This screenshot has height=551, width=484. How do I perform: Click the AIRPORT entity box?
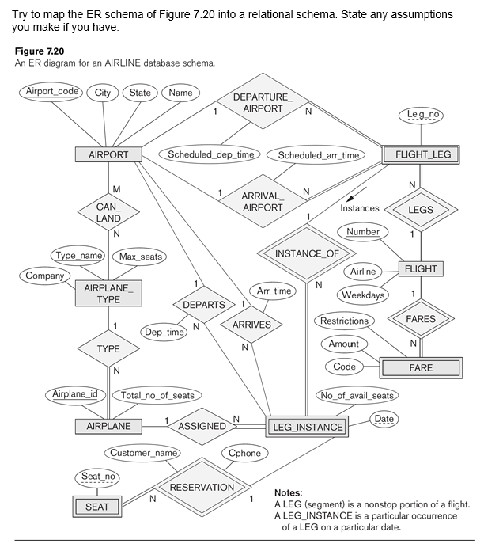pos(108,154)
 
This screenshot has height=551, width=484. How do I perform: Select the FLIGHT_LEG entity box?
pos(423,154)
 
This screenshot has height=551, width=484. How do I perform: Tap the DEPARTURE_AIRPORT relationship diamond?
pos(263,103)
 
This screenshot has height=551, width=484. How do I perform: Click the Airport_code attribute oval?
pos(52,92)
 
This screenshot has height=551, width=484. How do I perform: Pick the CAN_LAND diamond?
pos(108,212)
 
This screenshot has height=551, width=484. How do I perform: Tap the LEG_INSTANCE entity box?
pos(308,427)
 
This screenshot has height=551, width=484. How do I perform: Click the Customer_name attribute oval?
pos(143,453)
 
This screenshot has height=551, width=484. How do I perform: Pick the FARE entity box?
pos(421,368)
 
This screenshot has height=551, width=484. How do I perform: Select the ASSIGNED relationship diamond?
pos(202,426)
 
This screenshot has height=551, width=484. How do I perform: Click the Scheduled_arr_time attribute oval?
pos(318,156)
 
